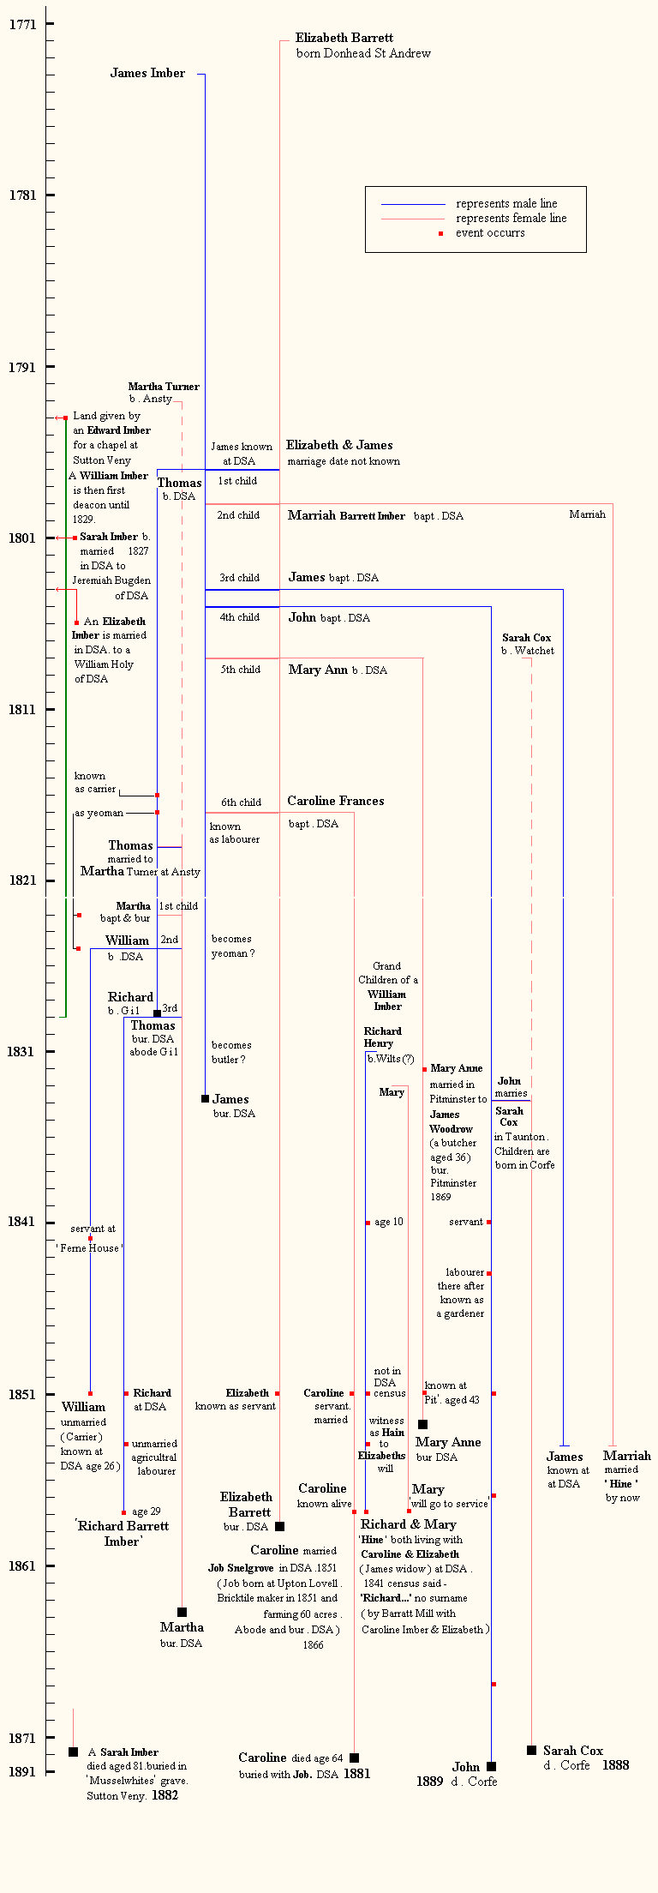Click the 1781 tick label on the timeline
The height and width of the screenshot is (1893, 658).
pyautogui.click(x=23, y=195)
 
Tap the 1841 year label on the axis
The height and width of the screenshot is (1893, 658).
pyautogui.click(x=23, y=1222)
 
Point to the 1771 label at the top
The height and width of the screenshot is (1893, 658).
pyautogui.click(x=23, y=25)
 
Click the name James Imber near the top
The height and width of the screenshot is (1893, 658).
pyautogui.click(x=147, y=74)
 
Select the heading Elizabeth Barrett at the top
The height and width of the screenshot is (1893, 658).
pyautogui.click(x=344, y=38)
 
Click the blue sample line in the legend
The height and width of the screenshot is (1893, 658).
pyautogui.click(x=413, y=205)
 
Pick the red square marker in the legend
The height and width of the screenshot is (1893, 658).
pyautogui.click(x=440, y=233)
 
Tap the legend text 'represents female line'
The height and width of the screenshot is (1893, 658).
pyautogui.click(x=511, y=219)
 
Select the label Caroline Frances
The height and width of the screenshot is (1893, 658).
pyautogui.click(x=336, y=801)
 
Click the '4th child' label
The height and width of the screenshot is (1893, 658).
pyautogui.click(x=239, y=617)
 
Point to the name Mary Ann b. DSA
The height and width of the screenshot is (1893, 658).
pyautogui.click(x=338, y=670)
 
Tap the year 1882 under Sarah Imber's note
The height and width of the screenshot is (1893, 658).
pyautogui.click(x=164, y=1795)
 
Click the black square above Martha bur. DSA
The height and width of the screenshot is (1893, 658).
pyautogui.click(x=182, y=1613)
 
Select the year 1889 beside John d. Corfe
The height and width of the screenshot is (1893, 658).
pyautogui.click(x=429, y=1782)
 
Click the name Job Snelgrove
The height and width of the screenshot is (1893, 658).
pyautogui.click(x=241, y=1568)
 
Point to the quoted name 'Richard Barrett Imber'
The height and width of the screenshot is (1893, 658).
pyautogui.click(x=123, y=1534)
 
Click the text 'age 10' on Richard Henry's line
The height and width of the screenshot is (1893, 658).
pyautogui.click(x=388, y=1223)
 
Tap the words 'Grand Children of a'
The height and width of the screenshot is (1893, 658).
pyautogui.click(x=387, y=973)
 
